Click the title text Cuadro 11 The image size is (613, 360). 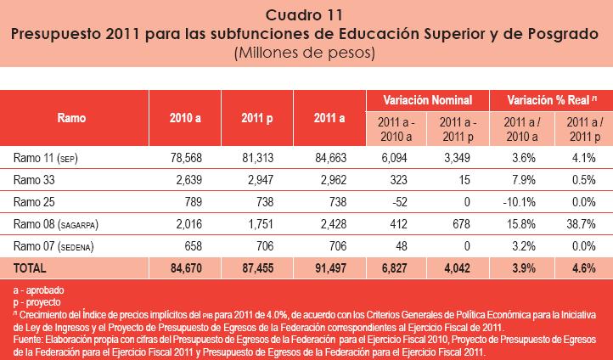pos(306,14)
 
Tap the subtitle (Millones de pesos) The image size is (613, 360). pos(306,53)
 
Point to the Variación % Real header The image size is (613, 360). pos(551,100)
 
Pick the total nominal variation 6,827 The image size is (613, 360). pos(396,267)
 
